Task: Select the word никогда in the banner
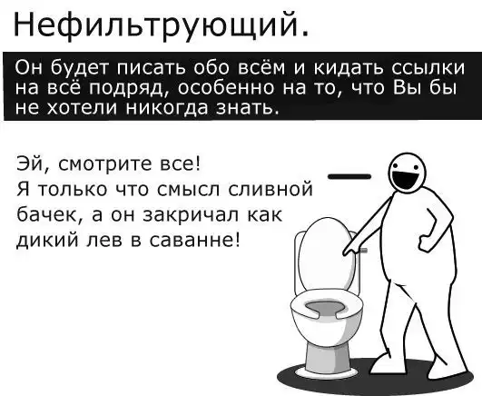pyautogui.click(x=168, y=107)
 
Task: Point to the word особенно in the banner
pyautogui.click(x=225, y=88)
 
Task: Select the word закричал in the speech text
pyautogui.click(x=192, y=214)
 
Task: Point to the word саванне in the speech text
pyautogui.click(x=193, y=240)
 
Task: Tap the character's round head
pyautogui.click(x=408, y=173)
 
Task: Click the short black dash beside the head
pyautogui.click(x=349, y=176)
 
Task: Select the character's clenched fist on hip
pyautogui.click(x=426, y=242)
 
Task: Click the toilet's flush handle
pyautogui.click(x=362, y=251)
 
